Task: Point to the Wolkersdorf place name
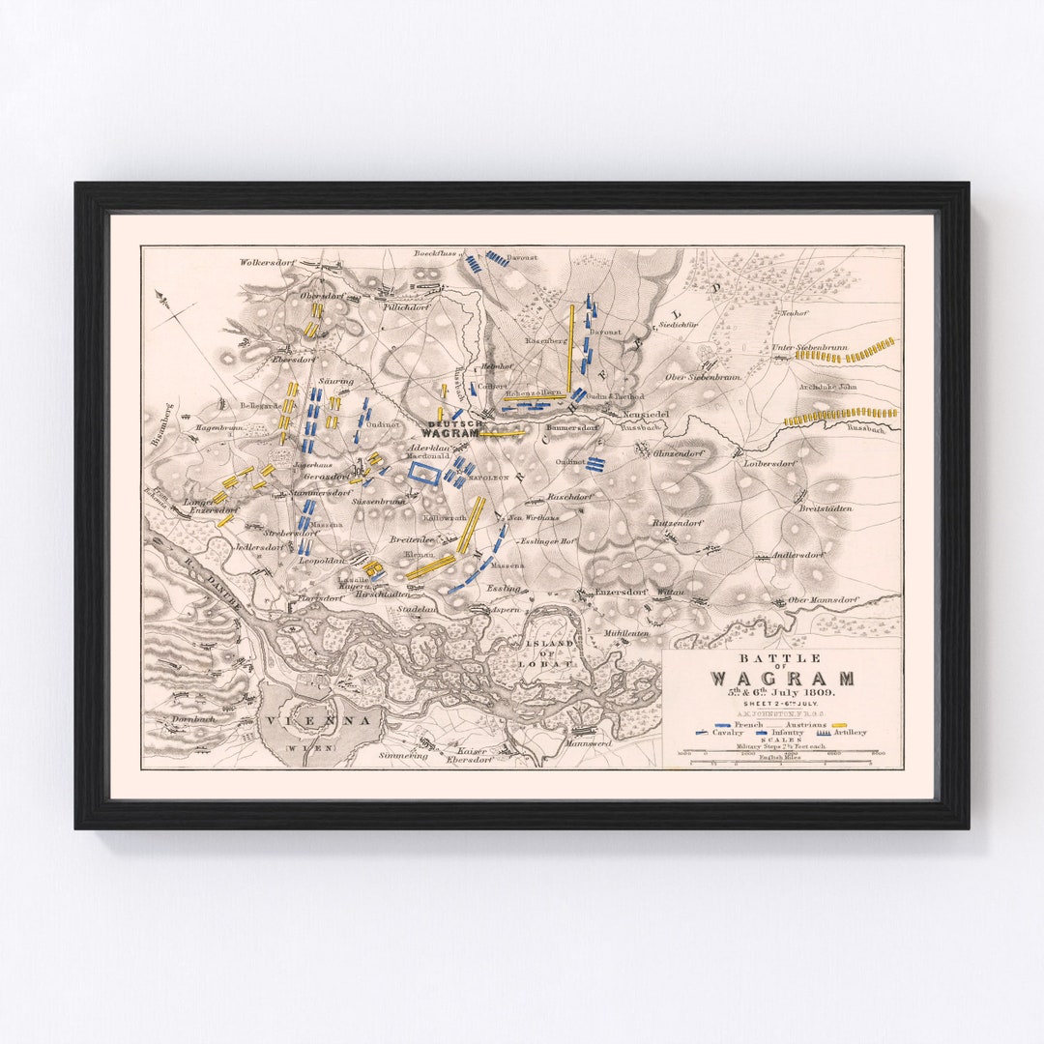[267, 261]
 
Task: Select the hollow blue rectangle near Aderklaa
[423, 473]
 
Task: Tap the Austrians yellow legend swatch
[838, 724]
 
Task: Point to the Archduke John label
[828, 387]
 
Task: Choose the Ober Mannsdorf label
[823, 599]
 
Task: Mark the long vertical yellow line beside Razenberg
[571, 348]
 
